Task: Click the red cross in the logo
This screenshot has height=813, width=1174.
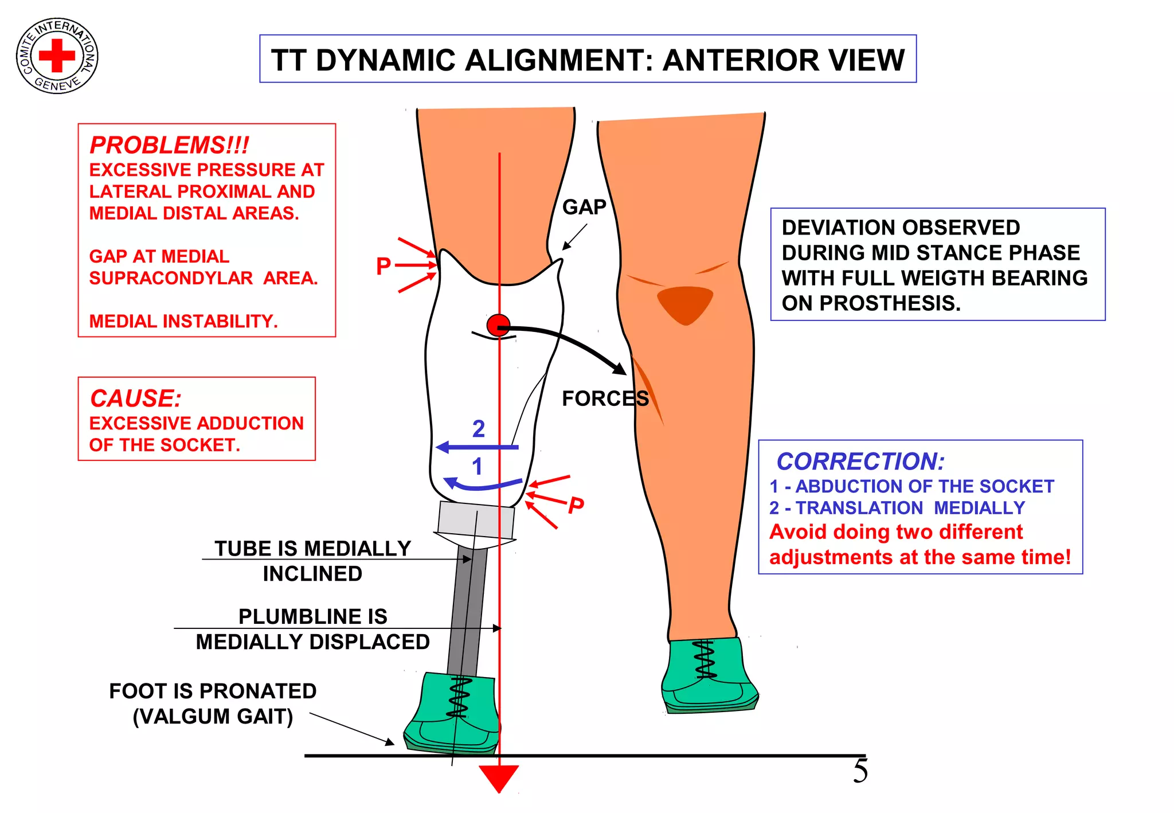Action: [x=57, y=56]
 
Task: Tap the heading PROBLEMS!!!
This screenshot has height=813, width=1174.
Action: [x=169, y=145]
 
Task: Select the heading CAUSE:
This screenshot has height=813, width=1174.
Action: [x=136, y=398]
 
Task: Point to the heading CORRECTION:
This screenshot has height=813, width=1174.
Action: [x=860, y=462]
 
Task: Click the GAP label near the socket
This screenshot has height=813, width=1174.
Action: [x=584, y=207]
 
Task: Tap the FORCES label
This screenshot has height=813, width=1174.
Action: [x=605, y=398]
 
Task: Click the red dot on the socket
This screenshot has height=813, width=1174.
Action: [x=498, y=325]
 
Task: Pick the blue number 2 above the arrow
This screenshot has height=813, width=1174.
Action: [x=479, y=429]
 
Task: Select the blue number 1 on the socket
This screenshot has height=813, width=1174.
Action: [x=477, y=467]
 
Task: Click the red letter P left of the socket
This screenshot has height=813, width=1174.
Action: [x=383, y=266]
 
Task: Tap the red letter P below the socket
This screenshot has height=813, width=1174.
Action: [x=576, y=506]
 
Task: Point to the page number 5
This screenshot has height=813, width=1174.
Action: [x=860, y=771]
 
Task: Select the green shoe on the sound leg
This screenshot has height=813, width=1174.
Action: [x=708, y=677]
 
